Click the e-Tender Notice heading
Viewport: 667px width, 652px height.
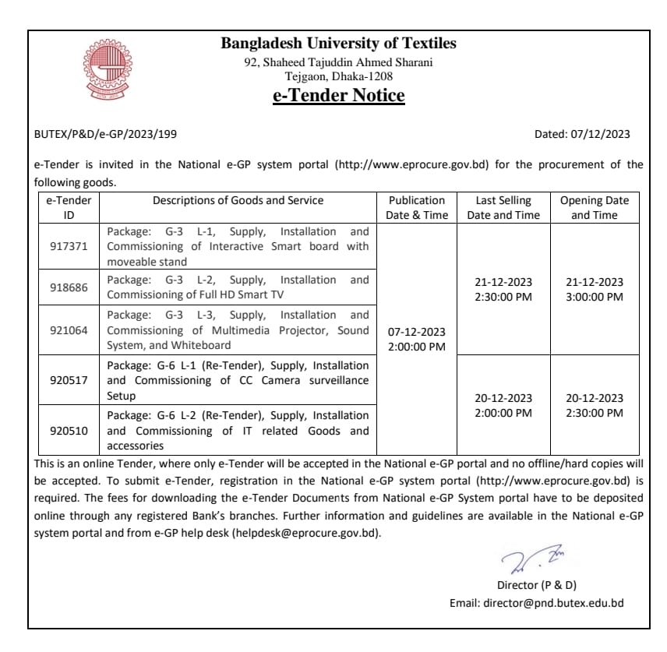click(338, 96)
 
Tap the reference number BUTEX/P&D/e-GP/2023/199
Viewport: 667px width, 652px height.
click(106, 134)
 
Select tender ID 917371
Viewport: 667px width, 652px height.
click(69, 247)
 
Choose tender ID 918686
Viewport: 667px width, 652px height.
click(69, 287)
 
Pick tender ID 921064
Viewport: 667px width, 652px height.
click(69, 330)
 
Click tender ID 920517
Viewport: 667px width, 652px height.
click(69, 380)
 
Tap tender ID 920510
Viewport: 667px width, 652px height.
click(69, 431)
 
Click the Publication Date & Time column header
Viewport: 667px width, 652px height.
click(417, 208)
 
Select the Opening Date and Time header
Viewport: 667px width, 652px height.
click(594, 208)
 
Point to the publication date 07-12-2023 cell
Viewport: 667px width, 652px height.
click(417, 332)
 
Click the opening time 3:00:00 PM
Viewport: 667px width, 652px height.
click(594, 297)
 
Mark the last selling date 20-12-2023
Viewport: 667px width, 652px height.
click(503, 398)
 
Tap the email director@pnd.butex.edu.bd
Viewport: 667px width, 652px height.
click(553, 603)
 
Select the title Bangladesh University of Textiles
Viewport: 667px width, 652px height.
click(338, 44)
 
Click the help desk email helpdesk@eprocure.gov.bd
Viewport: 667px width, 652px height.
click(306, 533)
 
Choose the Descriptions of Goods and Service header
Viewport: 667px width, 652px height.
click(238, 200)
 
